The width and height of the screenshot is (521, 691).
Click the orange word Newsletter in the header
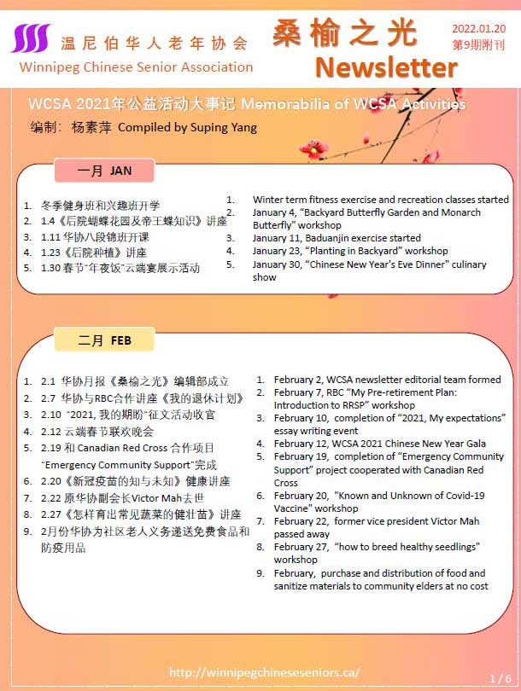(386, 67)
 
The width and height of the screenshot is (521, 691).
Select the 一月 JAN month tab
(104, 171)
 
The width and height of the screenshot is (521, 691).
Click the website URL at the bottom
(265, 672)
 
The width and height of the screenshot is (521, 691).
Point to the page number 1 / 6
(500, 678)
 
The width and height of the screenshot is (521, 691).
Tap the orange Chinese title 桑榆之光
(345, 32)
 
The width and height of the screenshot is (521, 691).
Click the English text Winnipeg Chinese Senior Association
(136, 67)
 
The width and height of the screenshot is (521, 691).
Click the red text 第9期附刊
(478, 45)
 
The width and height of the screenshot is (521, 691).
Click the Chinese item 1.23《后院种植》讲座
(94, 253)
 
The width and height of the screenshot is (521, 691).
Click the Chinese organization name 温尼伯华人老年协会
(155, 43)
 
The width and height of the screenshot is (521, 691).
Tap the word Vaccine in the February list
(293, 508)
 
